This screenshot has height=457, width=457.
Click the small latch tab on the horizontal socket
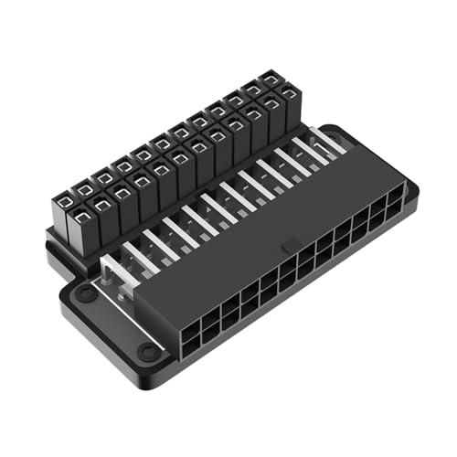click(x=289, y=247)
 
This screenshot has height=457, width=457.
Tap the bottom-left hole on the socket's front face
click(x=192, y=341)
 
